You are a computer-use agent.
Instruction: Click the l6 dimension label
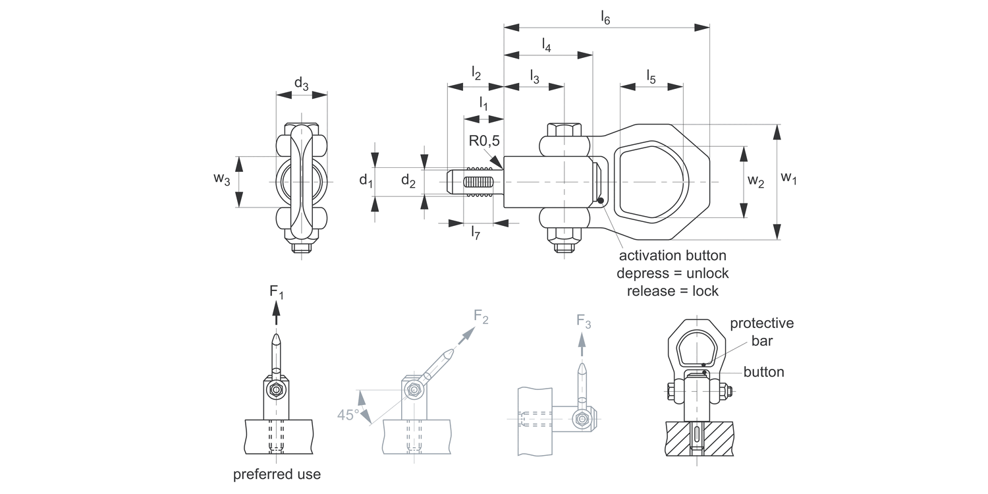tap(605, 18)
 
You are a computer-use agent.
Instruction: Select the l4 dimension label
tap(547, 45)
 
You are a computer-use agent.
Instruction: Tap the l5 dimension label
tap(651, 77)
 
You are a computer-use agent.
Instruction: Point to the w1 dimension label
tap(788, 178)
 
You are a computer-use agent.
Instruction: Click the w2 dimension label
tap(755, 181)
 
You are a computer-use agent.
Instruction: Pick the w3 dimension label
tap(222, 179)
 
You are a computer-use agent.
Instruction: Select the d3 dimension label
tap(301, 84)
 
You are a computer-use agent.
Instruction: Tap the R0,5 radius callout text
tap(484, 141)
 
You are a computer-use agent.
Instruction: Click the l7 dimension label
tap(475, 233)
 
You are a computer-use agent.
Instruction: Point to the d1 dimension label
tap(366, 180)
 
